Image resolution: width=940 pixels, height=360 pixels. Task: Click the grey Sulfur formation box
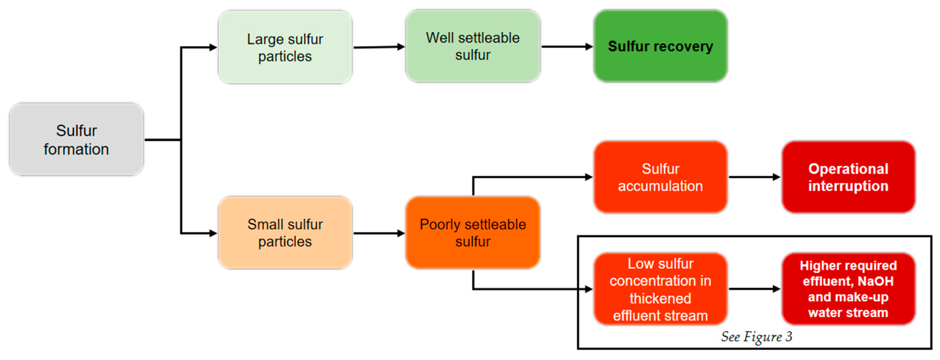(76, 139)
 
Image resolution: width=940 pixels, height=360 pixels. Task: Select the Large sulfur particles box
(285, 47)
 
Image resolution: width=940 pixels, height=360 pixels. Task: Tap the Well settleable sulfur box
(473, 46)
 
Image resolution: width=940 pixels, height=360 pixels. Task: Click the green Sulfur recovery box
(660, 46)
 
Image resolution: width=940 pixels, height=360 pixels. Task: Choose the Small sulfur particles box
(285, 233)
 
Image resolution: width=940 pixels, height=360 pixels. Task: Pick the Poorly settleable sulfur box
(473, 233)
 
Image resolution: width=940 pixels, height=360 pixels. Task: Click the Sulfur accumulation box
(660, 177)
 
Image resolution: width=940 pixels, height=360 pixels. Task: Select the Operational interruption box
(848, 177)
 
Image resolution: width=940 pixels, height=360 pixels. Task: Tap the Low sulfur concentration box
(660, 289)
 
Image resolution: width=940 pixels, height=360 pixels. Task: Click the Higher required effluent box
(848, 289)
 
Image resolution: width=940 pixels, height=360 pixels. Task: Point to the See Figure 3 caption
(756, 337)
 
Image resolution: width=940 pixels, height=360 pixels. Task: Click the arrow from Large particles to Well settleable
(379, 47)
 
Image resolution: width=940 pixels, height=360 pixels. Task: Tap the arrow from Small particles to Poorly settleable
(379, 233)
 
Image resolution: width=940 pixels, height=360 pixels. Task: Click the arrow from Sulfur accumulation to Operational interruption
(754, 177)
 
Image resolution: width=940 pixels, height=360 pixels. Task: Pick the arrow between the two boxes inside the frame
(754, 289)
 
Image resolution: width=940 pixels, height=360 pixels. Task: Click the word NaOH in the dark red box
(875, 281)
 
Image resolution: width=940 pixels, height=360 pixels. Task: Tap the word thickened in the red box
(660, 298)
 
